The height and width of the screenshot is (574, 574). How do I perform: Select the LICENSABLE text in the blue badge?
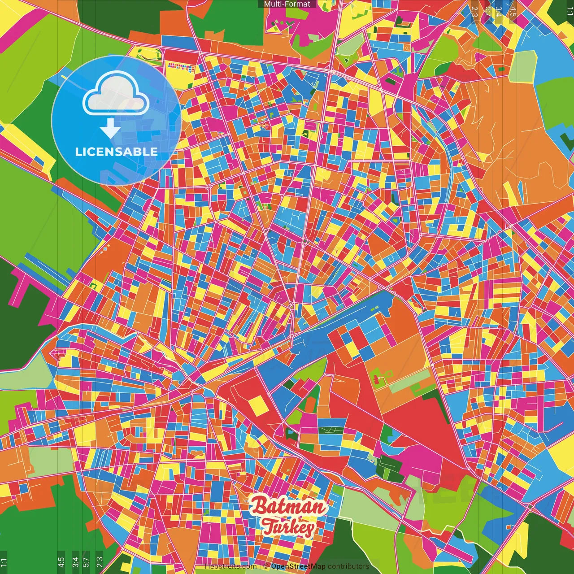click(116, 152)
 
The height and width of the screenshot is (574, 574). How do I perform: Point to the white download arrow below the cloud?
click(110, 128)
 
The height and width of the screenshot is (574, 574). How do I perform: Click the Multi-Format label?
click(287, 4)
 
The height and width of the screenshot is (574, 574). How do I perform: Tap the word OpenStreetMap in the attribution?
click(298, 566)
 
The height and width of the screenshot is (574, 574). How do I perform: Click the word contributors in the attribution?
click(348, 566)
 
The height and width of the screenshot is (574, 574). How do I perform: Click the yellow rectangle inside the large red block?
click(258, 405)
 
